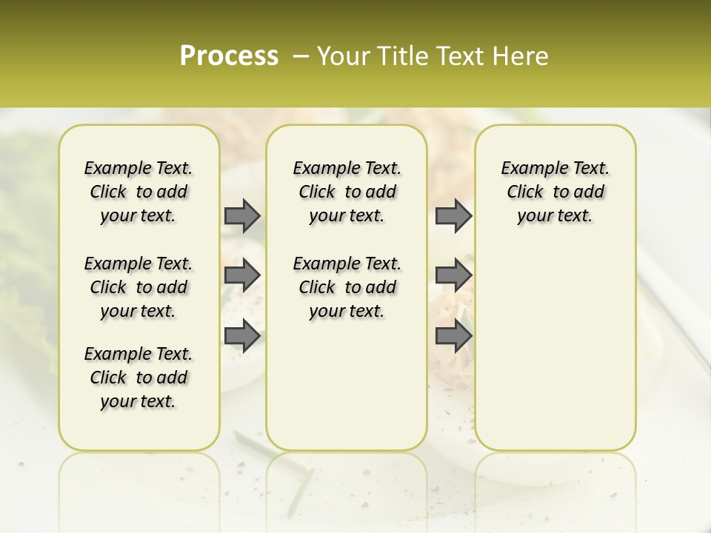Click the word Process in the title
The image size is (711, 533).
229,56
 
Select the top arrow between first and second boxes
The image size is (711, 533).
242,215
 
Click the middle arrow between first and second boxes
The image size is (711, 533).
242,275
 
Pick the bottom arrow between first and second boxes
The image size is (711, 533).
242,335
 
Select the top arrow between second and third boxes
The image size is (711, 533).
453,215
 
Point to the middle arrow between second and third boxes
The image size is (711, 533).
453,275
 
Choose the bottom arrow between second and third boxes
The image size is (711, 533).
453,335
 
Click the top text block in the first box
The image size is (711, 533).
138,192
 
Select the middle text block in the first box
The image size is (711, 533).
138,287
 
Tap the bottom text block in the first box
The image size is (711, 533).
138,378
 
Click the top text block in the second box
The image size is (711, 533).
347,192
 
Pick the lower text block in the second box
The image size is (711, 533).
347,287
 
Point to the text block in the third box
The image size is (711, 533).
555,192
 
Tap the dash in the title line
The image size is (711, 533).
301,56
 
